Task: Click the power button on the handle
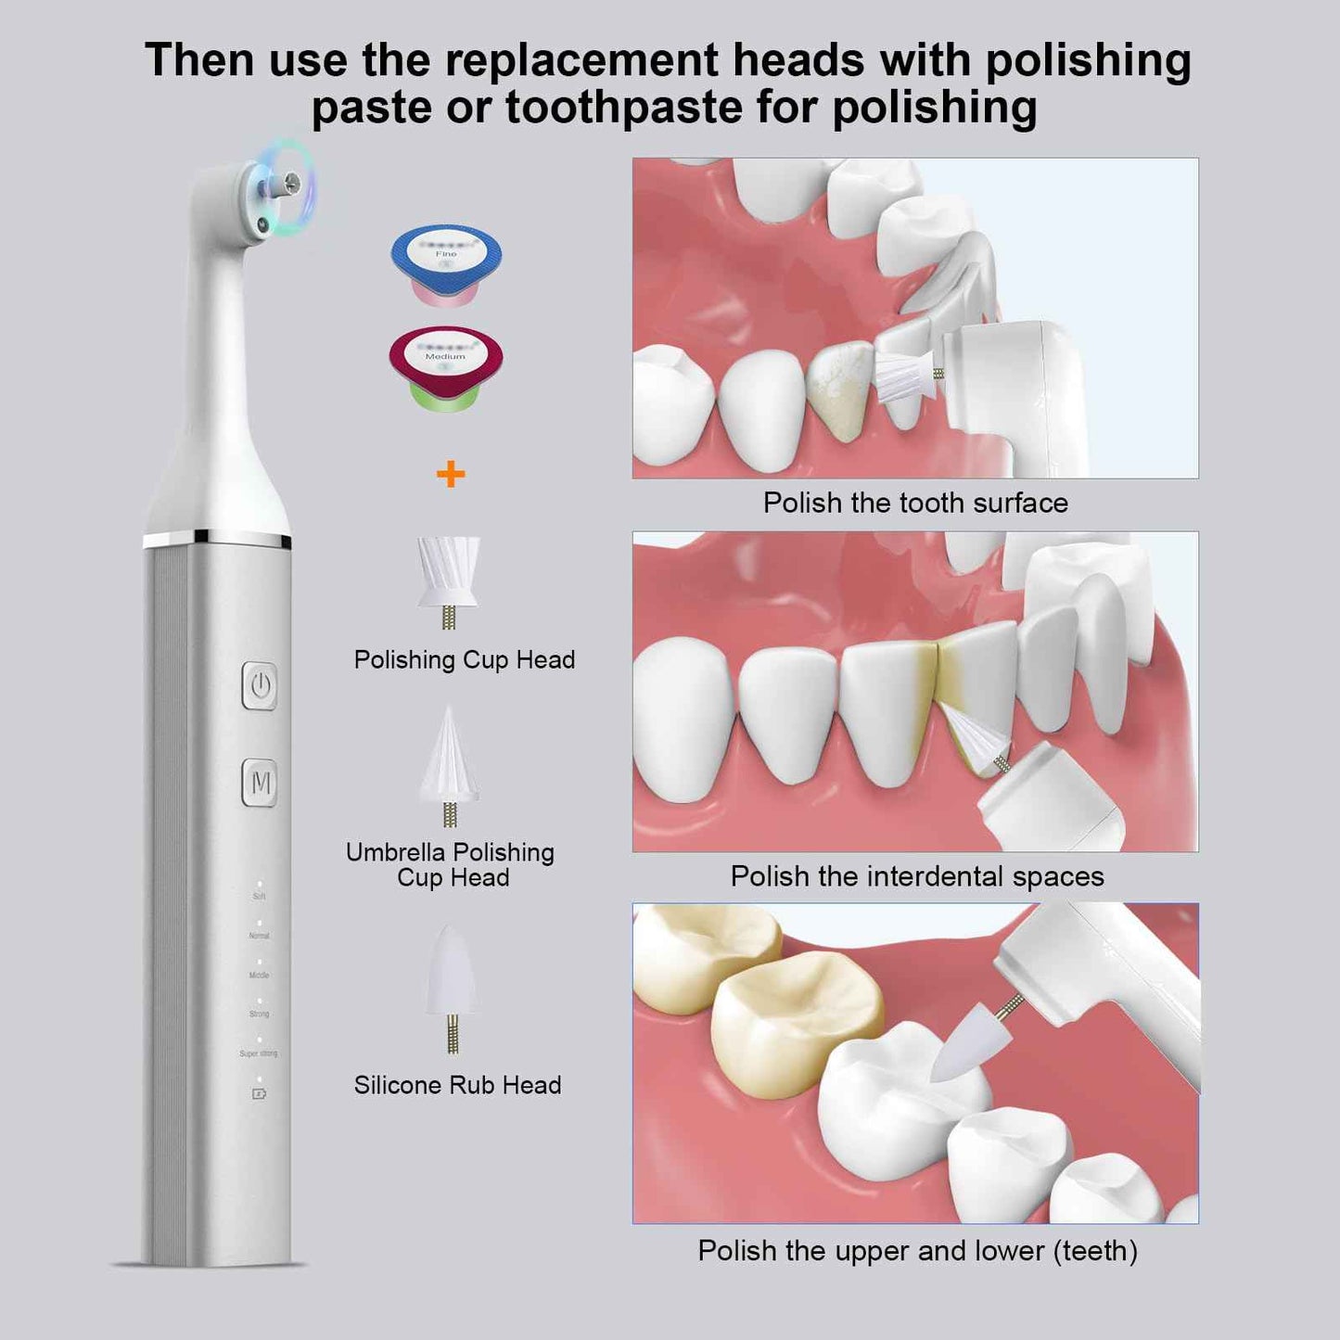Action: pyautogui.click(x=260, y=686)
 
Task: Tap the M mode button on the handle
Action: pyautogui.click(x=261, y=784)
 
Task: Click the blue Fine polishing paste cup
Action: pyautogui.click(x=446, y=261)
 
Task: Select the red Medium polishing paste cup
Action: pyautogui.click(x=446, y=365)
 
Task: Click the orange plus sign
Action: pyautogui.click(x=451, y=475)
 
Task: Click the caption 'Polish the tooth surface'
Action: pyautogui.click(x=915, y=503)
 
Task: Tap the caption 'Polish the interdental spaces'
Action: pyautogui.click(x=917, y=876)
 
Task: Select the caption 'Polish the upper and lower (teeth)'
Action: pyautogui.click(x=917, y=1251)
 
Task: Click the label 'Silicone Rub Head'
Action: pyautogui.click(x=457, y=1085)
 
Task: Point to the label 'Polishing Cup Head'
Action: pyautogui.click(x=465, y=659)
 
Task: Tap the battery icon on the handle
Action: pyautogui.click(x=259, y=1094)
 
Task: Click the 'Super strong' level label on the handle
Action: pyautogui.click(x=259, y=1053)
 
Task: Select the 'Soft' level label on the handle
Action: pyautogui.click(x=259, y=897)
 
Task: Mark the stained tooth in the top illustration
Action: pyautogui.click(x=840, y=389)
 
